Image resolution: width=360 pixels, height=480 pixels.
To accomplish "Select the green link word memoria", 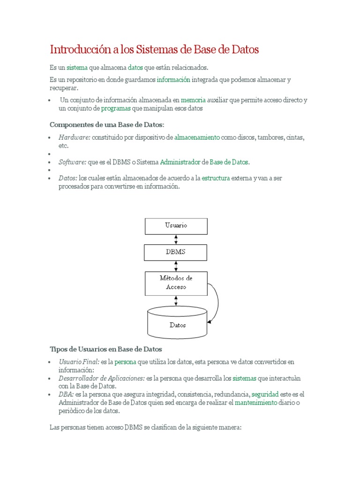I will pos(193,100).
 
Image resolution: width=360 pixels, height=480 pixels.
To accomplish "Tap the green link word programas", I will pos(116,108).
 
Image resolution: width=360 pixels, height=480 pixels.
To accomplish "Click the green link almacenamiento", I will pos(197,137).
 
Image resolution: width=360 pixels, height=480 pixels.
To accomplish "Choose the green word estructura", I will pos(216,178).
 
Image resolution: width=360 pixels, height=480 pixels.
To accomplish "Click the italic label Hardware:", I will pos(74,137).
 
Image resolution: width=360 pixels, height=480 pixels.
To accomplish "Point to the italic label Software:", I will pos(72,162).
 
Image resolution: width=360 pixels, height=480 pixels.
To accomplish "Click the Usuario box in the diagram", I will pos(176,226).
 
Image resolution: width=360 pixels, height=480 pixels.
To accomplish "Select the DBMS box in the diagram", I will pos(176,252).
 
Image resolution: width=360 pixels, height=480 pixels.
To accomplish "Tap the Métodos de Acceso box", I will pos(176,283).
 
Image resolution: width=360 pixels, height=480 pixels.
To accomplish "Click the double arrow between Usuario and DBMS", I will pos(176,239).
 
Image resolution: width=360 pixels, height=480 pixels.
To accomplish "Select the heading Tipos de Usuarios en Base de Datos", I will pos(105,349).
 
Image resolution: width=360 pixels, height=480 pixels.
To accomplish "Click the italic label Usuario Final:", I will pos(79,362).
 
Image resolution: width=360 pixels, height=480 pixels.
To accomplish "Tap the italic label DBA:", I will pos(66,394).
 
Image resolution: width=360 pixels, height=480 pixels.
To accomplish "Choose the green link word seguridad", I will pos(265,394).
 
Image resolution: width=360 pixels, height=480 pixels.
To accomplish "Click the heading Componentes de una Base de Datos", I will pos(107,124).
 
